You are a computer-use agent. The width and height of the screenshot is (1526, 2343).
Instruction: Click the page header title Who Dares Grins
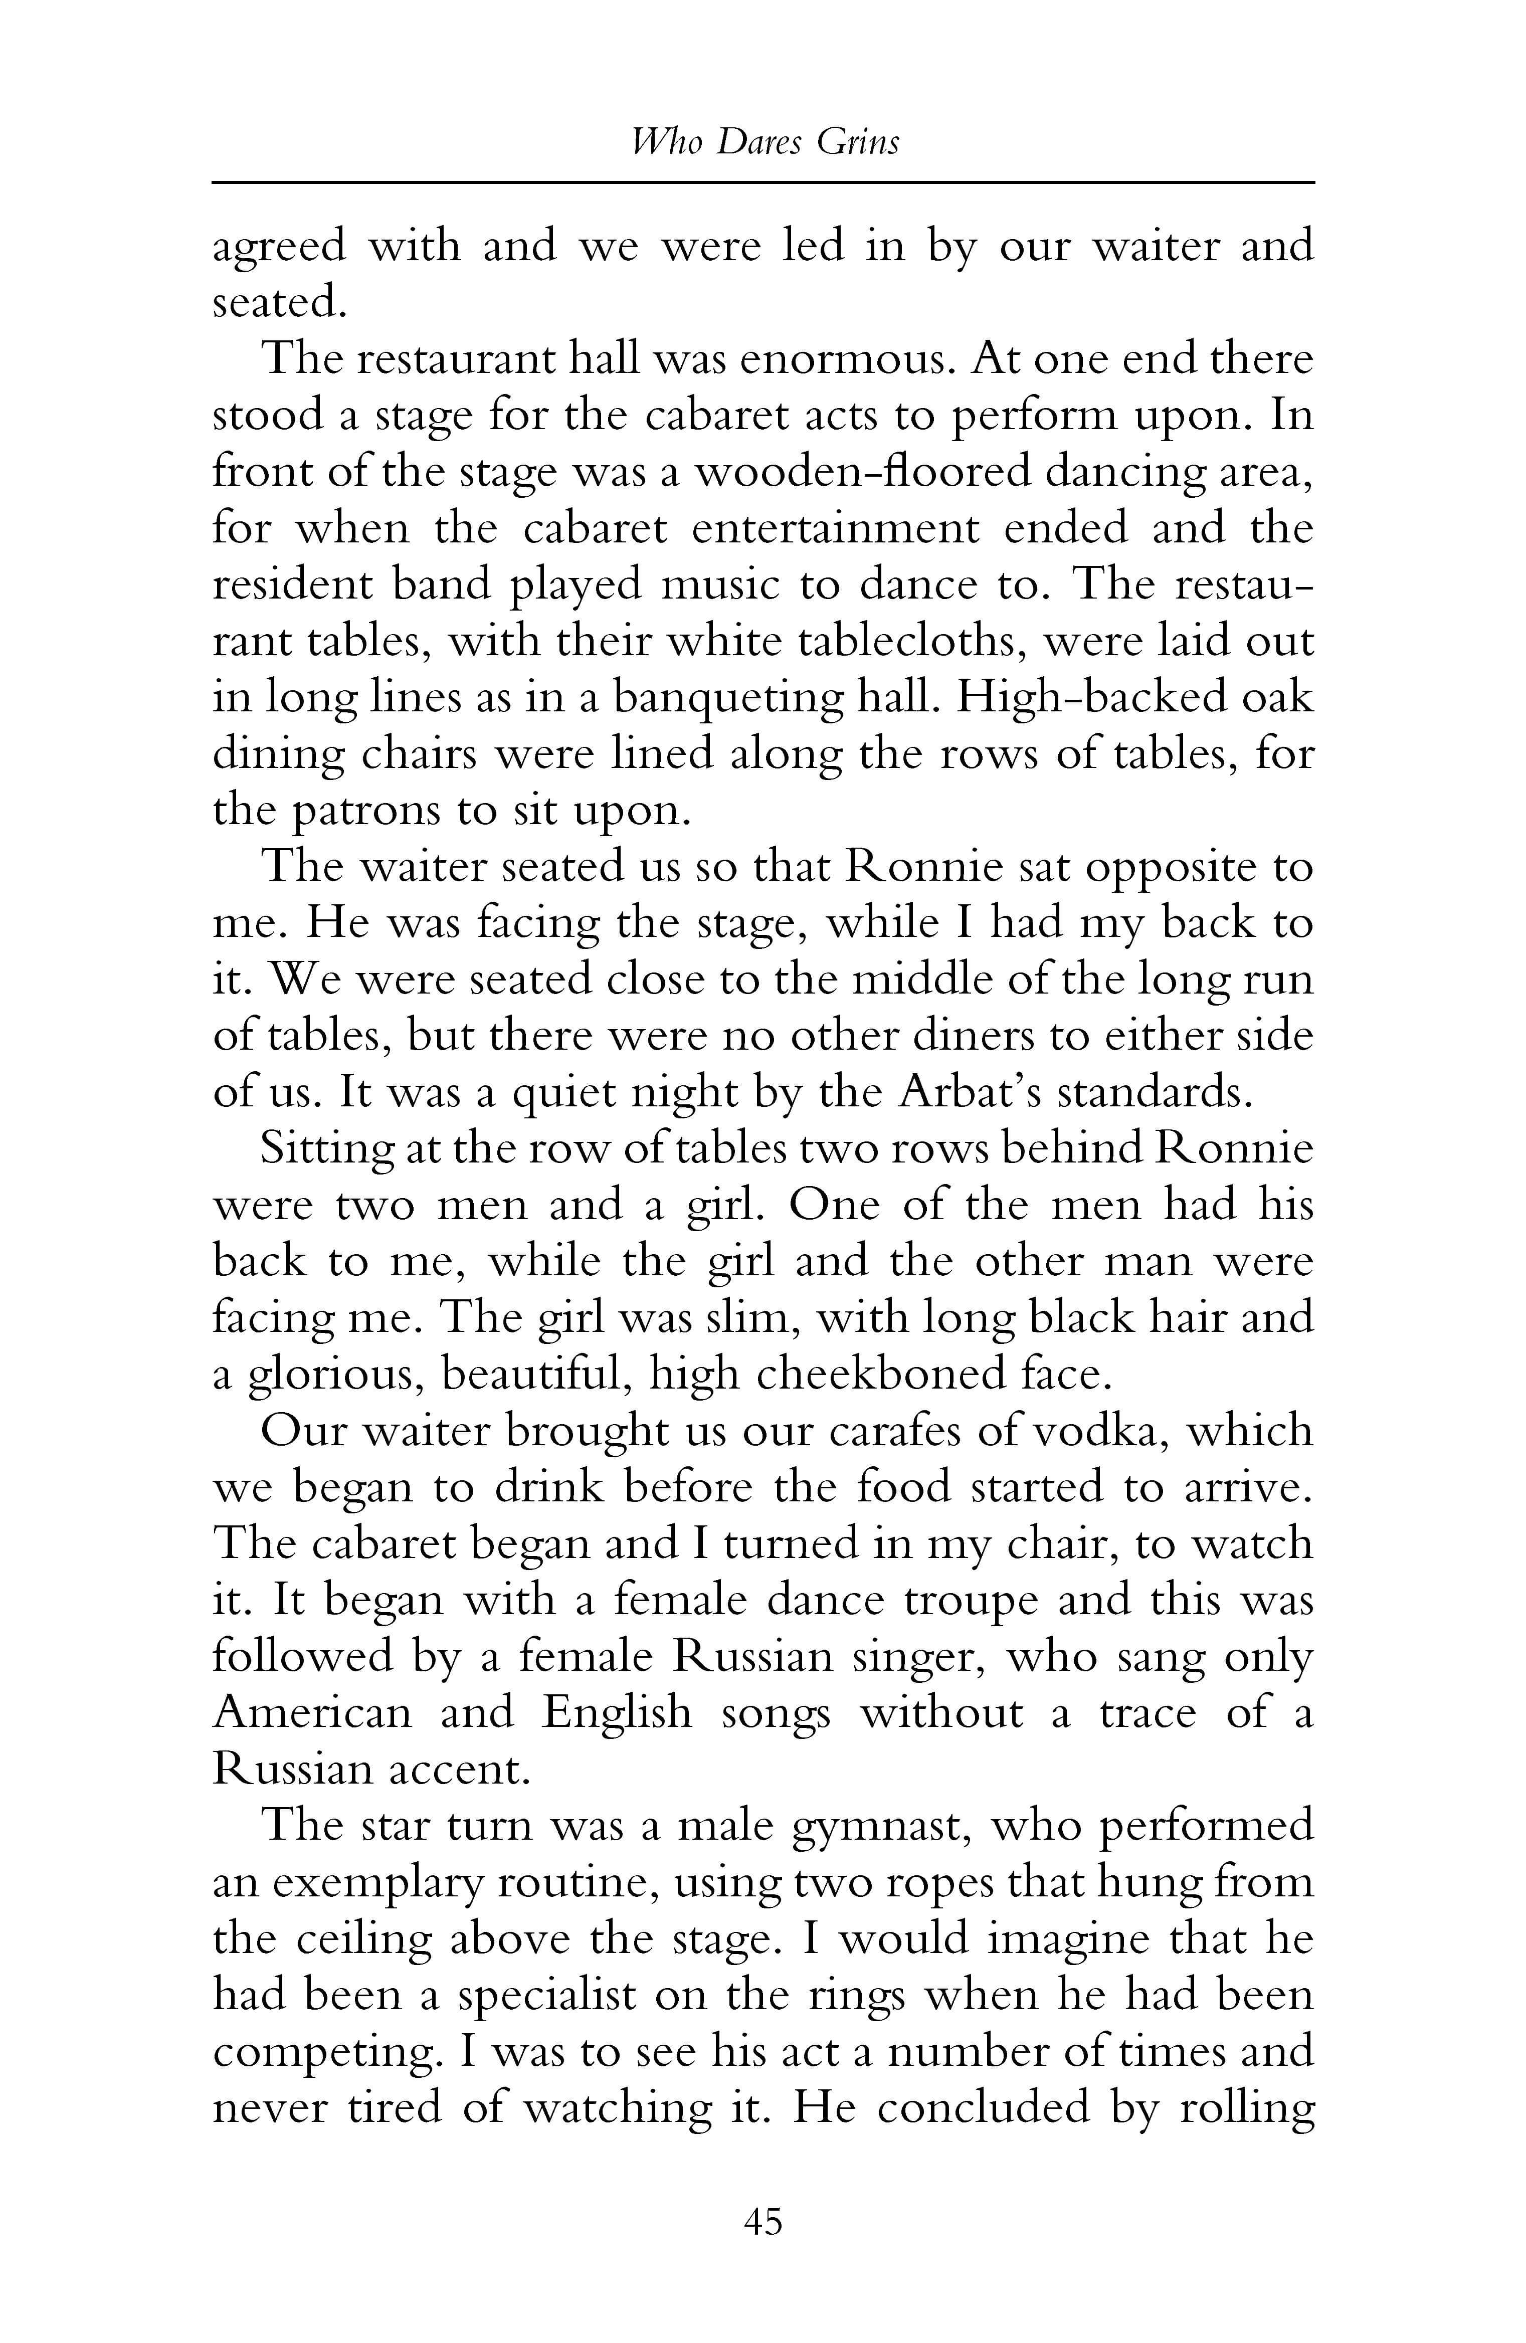[x=764, y=143]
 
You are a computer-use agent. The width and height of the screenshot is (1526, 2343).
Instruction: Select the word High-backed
[x=1086, y=698]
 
